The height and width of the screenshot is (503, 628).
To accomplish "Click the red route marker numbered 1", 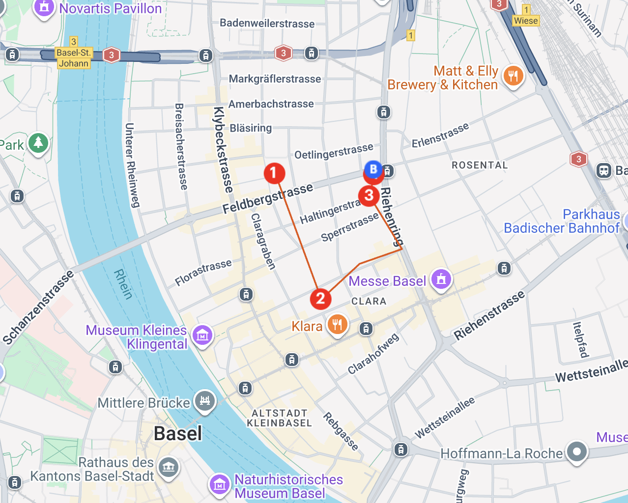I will pyautogui.click(x=274, y=173).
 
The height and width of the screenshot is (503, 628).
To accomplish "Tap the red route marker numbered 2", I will pyautogui.click(x=320, y=298).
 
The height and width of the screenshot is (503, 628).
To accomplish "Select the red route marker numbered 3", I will pyautogui.click(x=369, y=196).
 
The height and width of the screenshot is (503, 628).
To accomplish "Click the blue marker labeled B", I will pyautogui.click(x=373, y=169).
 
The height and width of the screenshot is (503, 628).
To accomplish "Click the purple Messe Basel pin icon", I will pyautogui.click(x=441, y=279).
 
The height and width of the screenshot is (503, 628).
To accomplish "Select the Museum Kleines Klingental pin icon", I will pyautogui.click(x=202, y=335).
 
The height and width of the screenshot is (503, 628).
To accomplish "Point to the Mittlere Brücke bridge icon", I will pyautogui.click(x=205, y=401).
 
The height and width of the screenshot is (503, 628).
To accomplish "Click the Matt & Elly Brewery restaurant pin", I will pyautogui.click(x=513, y=76).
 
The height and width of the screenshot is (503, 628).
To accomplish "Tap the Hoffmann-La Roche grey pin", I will pyautogui.click(x=576, y=451).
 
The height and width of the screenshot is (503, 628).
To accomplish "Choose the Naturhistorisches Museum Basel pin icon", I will pyautogui.click(x=219, y=485).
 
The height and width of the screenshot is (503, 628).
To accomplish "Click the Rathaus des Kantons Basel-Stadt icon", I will pyautogui.click(x=169, y=467).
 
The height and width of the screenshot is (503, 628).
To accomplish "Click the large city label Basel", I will pyautogui.click(x=177, y=434).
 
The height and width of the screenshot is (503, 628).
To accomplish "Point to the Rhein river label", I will pyautogui.click(x=123, y=284).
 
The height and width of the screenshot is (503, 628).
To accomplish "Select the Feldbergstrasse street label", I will pyautogui.click(x=268, y=198).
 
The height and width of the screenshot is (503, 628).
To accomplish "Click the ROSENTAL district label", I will pyautogui.click(x=480, y=165).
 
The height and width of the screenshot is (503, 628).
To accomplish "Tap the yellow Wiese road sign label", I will pyautogui.click(x=526, y=21).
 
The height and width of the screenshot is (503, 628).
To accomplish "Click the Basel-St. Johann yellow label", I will pyautogui.click(x=73, y=58).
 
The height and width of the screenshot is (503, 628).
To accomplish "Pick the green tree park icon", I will pyautogui.click(x=38, y=143).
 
